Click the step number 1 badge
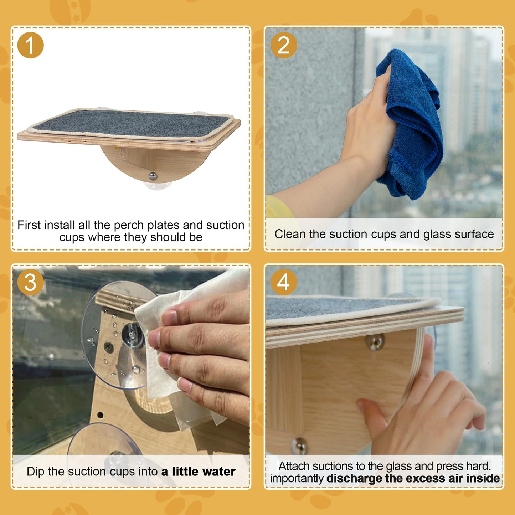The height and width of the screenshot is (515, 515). point(30,45)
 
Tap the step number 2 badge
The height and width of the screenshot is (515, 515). point(283,45)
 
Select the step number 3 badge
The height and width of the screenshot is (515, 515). point(30,283)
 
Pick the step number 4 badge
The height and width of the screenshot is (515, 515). point(283,283)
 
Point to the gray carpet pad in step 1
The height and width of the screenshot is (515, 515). point(132,123)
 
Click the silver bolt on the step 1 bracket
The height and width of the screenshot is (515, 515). point(153,175)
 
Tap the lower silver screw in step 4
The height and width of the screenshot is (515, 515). point(299,446)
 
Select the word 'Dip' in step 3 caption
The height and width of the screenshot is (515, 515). point(35,472)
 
